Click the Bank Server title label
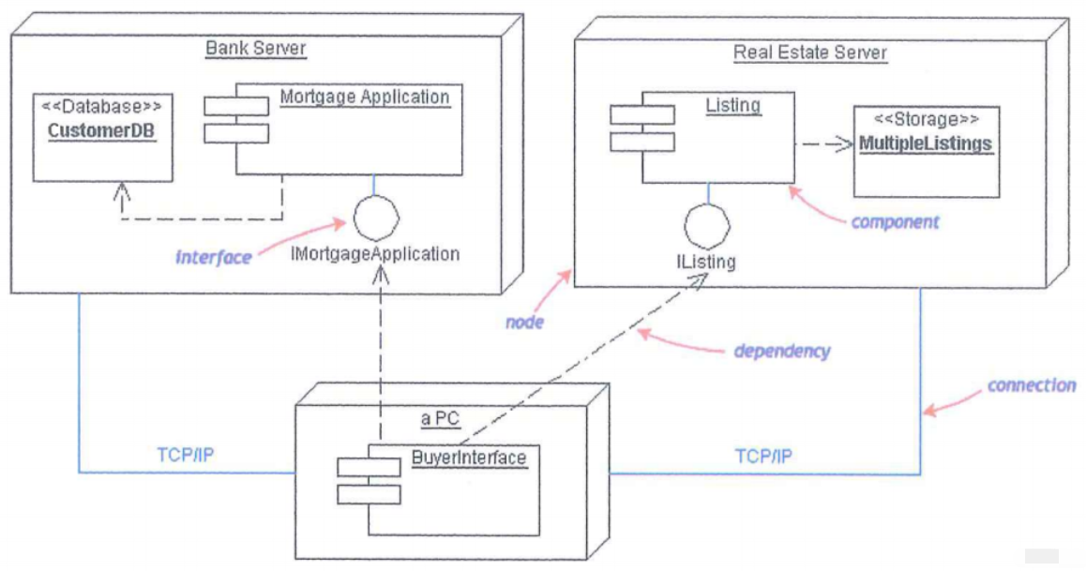256,48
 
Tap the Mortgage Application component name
364,97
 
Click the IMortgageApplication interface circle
376,218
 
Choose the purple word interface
214,257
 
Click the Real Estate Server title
809,53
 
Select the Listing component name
732,105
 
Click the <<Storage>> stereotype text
926,120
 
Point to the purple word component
895,222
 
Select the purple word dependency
781,352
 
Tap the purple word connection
1032,385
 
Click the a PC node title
440,418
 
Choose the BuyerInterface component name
469,458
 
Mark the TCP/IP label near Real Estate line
763,457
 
